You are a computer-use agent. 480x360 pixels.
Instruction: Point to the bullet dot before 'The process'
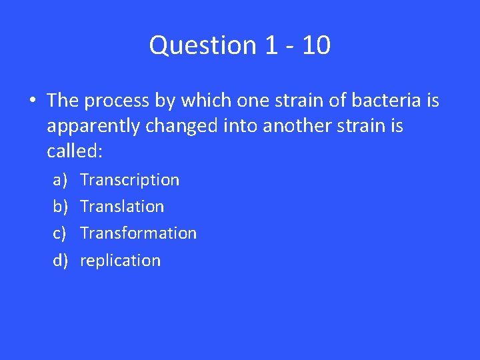pos(32,101)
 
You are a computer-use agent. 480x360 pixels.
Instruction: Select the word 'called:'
pos(75,151)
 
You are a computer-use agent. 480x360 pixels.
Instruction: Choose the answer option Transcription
pos(129,180)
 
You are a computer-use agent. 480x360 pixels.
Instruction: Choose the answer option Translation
pos(121,207)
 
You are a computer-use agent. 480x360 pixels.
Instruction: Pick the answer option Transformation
pos(138,233)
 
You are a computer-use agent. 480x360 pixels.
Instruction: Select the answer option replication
pos(120,261)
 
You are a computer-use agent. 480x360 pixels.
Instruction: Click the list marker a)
pos(60,180)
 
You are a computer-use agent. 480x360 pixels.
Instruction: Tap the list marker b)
pos(61,207)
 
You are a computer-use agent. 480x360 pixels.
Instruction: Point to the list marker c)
pos(60,233)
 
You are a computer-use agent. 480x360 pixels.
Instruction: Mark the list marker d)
pos(61,261)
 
